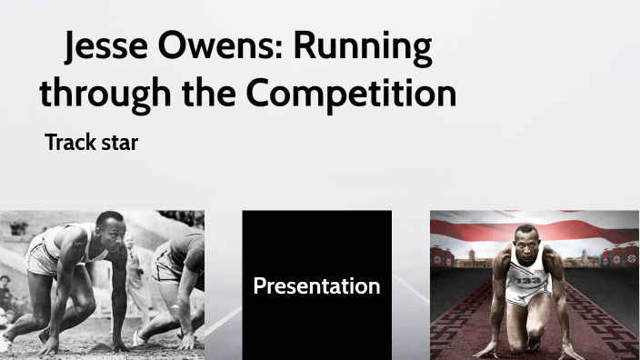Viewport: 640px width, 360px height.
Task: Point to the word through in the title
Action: point(101,94)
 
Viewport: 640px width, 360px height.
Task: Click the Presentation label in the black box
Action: point(316,286)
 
